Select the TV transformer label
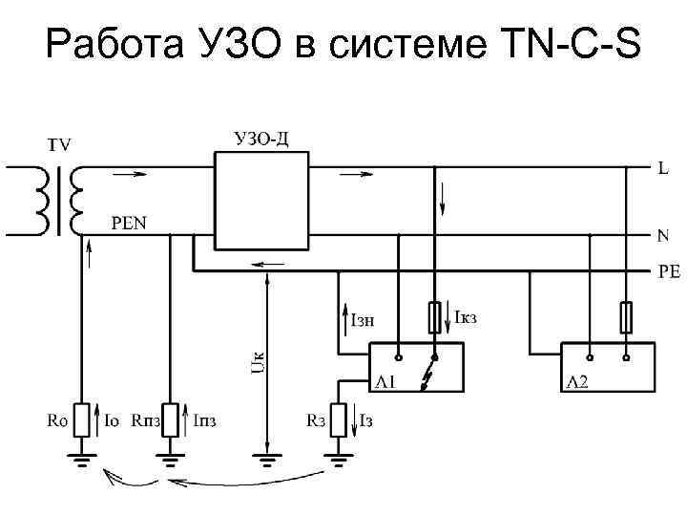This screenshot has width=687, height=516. click(x=59, y=145)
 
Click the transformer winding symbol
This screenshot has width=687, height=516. click(x=59, y=202)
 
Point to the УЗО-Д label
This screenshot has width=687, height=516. click(x=261, y=140)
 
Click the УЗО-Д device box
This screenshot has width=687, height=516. click(x=261, y=201)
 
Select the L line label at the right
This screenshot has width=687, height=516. click(x=662, y=169)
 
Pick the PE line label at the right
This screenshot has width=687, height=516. click(x=668, y=271)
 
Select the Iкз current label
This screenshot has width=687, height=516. click(x=465, y=316)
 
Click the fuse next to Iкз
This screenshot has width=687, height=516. click(x=435, y=316)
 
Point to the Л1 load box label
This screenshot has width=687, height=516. click(x=385, y=382)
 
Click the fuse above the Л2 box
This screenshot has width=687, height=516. click(x=627, y=316)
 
